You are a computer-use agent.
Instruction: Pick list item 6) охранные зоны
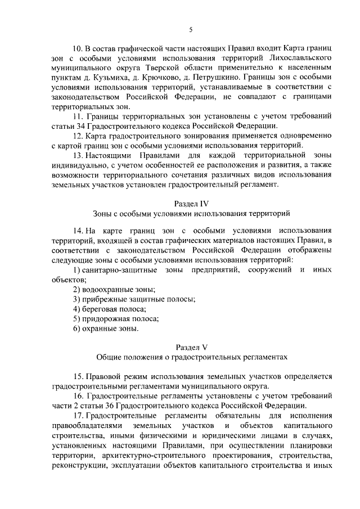click(105, 328)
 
